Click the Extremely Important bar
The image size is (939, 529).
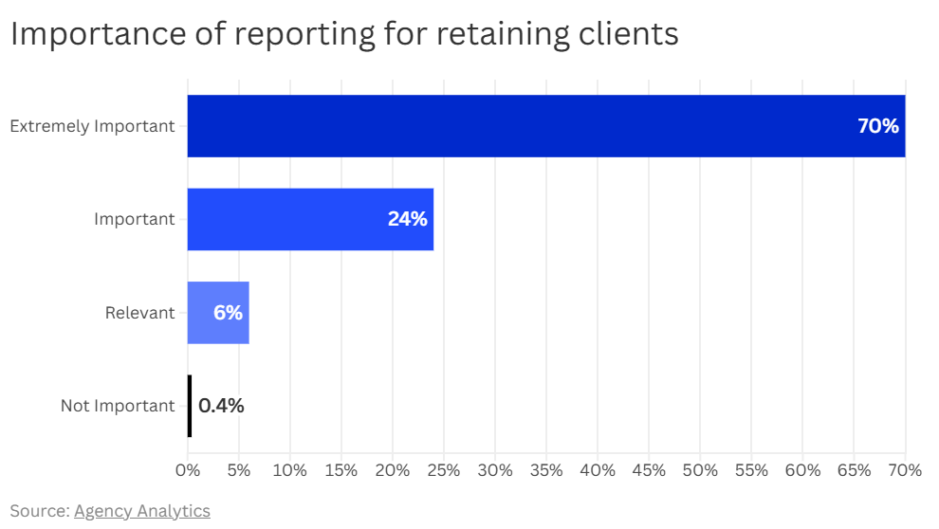(531, 126)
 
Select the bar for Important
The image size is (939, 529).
(285, 219)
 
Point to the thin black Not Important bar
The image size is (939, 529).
(190, 406)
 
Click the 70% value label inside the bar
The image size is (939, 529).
(877, 126)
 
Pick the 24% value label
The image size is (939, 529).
(407, 219)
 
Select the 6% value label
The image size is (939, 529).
(228, 313)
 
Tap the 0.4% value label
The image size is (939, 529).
(221, 406)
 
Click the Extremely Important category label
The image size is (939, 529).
(92, 126)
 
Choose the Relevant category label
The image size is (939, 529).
(139, 313)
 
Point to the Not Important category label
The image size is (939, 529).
(118, 406)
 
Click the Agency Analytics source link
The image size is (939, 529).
(141, 511)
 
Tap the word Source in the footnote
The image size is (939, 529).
(38, 511)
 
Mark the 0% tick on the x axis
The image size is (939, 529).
(188, 470)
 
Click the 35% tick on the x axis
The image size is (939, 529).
(546, 470)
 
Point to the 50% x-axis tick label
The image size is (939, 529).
(700, 470)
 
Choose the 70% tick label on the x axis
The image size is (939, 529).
(904, 470)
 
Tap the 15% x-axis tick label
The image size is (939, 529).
(341, 470)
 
